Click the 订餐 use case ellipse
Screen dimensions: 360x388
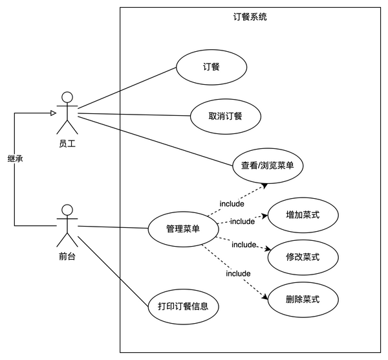(211, 66)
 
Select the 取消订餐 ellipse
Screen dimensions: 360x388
(226, 117)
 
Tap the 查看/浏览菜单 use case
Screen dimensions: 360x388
(268, 165)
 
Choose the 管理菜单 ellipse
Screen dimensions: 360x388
(183, 229)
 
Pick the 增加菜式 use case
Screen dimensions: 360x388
(303, 214)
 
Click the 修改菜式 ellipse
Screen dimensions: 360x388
(303, 257)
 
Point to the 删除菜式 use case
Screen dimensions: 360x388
(303, 300)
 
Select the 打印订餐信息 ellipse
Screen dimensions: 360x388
(183, 306)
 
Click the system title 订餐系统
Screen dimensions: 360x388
(250, 17)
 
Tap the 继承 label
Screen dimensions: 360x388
(16, 159)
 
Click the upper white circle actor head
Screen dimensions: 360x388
(67, 98)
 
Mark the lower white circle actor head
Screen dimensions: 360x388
(67, 210)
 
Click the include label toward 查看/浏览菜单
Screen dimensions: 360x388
(232, 204)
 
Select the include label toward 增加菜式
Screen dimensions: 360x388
(242, 221)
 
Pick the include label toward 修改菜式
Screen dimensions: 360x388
(244, 245)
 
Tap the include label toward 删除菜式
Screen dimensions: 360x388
(238, 273)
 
